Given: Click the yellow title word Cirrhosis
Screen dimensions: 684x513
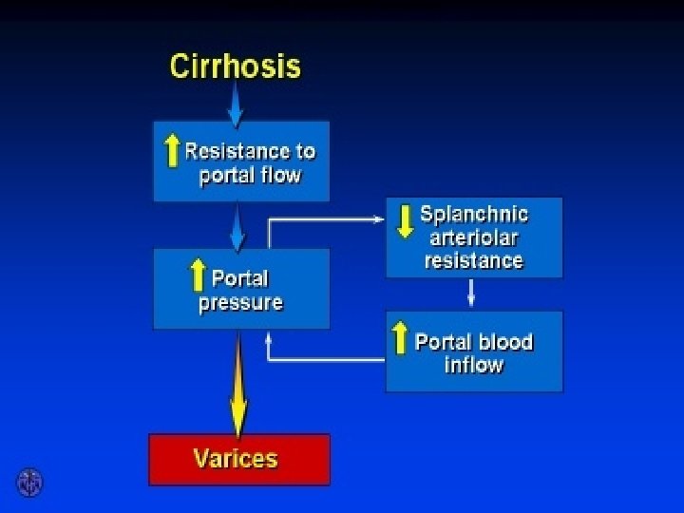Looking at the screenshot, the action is tap(235, 66).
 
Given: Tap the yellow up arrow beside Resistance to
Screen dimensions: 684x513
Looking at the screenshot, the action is tap(172, 150).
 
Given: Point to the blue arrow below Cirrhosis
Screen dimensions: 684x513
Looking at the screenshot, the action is tap(236, 103).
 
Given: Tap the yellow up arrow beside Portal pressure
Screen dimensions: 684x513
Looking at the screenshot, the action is tap(198, 275).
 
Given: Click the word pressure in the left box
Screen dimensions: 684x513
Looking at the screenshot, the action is tap(240, 304).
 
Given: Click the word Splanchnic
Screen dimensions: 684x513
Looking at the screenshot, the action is tap(474, 213).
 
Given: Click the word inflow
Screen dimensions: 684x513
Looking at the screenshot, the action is tap(474, 365).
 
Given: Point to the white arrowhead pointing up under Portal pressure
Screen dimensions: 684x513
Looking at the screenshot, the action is tap(269, 336).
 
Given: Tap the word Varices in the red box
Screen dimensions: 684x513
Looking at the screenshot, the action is tap(237, 460).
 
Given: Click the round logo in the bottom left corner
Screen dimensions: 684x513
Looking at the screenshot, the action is tap(29, 482).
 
